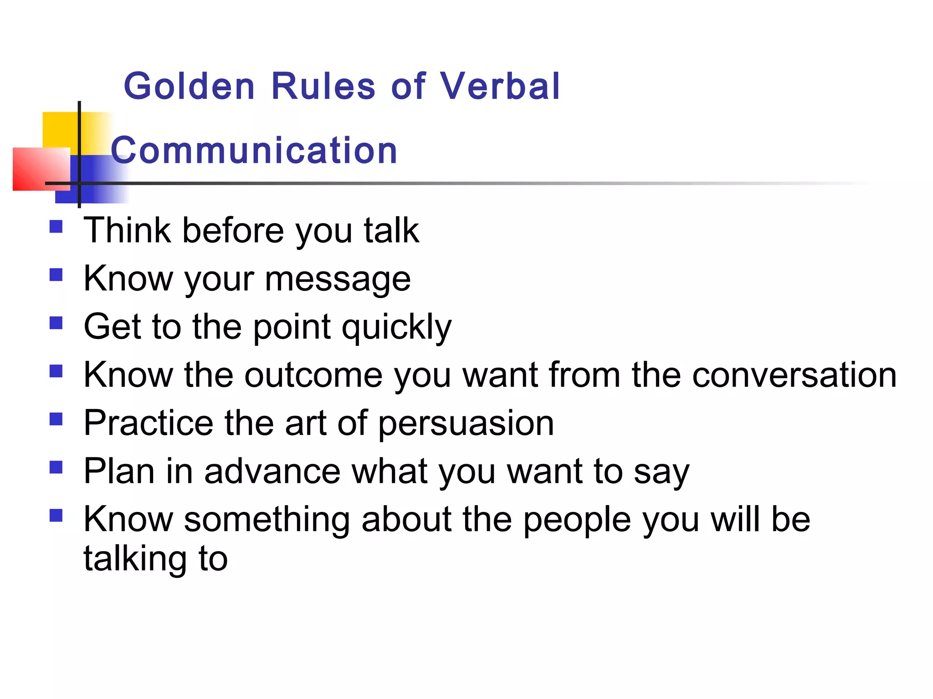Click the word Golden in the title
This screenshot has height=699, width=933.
[189, 86]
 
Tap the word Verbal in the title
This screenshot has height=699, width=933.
[499, 86]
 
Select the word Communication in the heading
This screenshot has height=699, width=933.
[254, 150]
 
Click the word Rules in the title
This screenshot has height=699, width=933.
[323, 86]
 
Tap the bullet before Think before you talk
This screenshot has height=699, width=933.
[56, 227]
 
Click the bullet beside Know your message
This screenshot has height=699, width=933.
[56, 275]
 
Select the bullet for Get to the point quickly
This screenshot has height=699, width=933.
[56, 323]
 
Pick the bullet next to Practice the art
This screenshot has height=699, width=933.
[56, 419]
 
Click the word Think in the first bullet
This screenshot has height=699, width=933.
[127, 230]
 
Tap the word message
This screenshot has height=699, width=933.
[338, 279]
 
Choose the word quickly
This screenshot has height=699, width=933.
[396, 328]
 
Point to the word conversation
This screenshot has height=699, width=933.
[794, 375]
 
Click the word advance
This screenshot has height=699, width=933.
[272, 471]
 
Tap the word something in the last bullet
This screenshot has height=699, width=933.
[267, 519]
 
